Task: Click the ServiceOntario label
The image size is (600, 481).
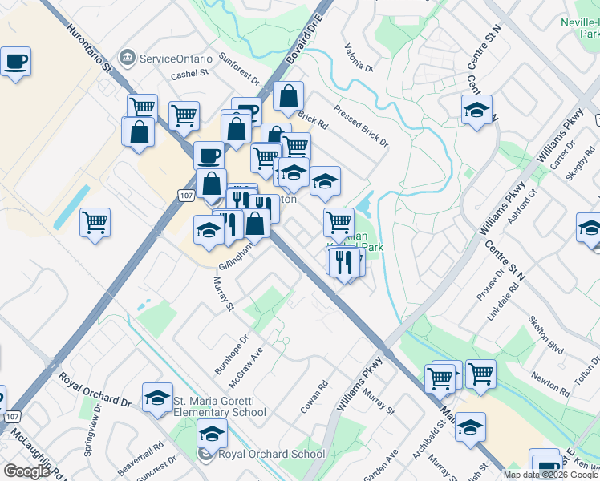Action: (176, 59)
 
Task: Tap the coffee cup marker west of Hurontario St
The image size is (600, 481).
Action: (15, 62)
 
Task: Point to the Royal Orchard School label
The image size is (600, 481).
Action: (261, 455)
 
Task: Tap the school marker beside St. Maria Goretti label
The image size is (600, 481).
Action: (157, 397)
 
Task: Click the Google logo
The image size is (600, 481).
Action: (26, 471)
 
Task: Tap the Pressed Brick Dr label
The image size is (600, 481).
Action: (361, 127)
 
